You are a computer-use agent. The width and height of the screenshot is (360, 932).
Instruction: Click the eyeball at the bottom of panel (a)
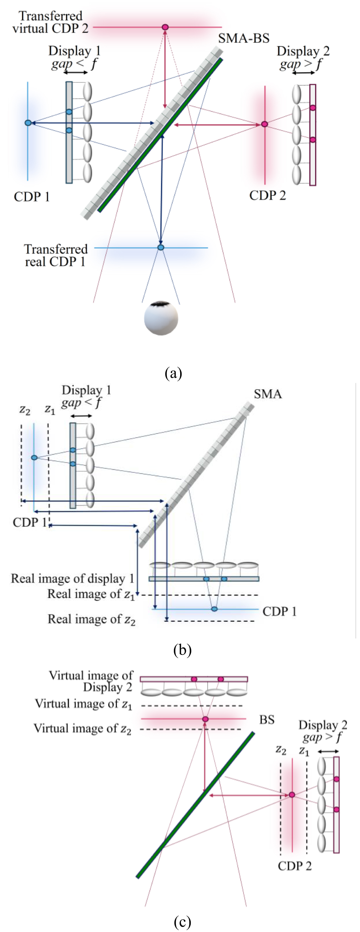pos(161,318)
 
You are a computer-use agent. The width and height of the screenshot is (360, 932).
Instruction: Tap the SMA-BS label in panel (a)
pos(243,38)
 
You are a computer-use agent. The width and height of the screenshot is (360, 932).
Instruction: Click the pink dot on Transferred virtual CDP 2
pos(165,27)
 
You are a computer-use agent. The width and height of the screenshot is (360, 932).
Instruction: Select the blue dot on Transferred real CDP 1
pos(161,247)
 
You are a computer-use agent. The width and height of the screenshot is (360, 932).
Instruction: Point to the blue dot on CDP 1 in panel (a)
pos(28,123)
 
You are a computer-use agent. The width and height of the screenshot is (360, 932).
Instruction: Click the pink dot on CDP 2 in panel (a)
pos(264,124)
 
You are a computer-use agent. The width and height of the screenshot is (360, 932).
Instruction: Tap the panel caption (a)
pos(173,373)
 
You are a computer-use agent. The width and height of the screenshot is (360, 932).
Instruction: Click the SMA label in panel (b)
pos(267,394)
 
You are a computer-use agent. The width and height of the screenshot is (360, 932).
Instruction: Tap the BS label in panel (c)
pos(267,719)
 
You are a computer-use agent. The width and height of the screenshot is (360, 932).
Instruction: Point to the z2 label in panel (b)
pos(25,410)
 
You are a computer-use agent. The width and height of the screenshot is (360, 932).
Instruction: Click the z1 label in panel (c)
pos(304,751)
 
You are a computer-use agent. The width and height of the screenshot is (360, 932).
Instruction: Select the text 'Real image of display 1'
pos(72,579)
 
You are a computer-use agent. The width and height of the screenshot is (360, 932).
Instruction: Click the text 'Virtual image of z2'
pos(83,728)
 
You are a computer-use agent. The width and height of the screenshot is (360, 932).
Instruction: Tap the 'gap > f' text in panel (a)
pos(301,64)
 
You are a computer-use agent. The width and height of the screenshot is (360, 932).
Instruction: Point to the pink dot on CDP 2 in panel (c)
pos(292,795)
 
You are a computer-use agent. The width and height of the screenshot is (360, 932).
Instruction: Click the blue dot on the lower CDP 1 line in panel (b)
pos(214,609)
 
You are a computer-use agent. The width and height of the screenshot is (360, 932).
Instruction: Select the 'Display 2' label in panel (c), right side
pos(322,725)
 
